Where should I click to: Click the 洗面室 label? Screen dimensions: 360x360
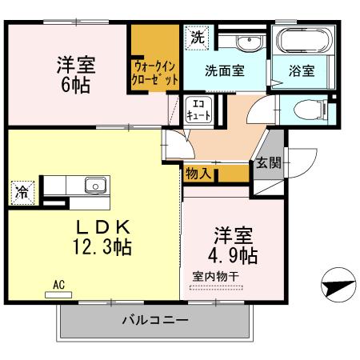pos(224,70)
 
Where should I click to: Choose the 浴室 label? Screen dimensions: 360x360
pos(302,70)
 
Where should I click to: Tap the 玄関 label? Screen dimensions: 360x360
pos(268,162)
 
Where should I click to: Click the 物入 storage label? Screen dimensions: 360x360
pos(198,172)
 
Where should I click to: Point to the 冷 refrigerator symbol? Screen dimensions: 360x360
pos(22,192)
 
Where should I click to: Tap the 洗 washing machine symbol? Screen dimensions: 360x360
pos(196,37)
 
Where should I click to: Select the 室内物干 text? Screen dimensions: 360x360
pos(215,277)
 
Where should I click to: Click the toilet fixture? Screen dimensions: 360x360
pos(306,109)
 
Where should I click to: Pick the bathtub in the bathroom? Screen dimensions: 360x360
pos(298,40)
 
